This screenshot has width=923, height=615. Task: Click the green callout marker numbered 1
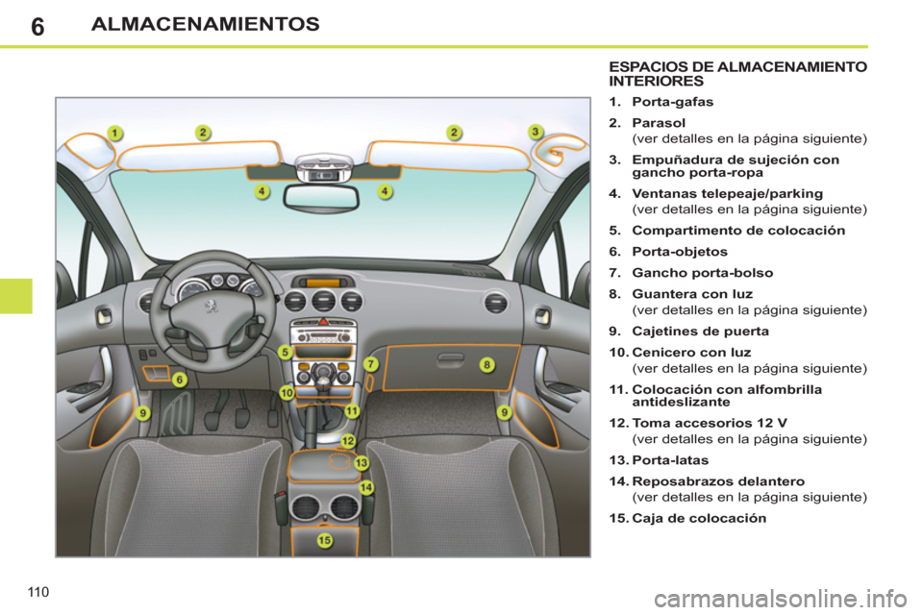(113, 133)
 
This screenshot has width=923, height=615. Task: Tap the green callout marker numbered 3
(536, 132)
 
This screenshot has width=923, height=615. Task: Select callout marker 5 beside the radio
(286, 353)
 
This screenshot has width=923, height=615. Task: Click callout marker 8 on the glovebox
(487, 365)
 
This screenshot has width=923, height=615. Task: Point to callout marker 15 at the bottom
(324, 541)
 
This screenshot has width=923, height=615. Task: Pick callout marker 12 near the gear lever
(348, 441)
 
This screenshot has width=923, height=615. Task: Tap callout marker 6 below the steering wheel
(180, 380)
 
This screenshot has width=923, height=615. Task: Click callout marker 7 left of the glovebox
(370, 364)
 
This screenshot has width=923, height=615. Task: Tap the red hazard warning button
(323, 325)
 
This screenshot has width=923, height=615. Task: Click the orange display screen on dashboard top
(323, 283)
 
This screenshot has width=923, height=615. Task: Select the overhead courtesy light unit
(323, 168)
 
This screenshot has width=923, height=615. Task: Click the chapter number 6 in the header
(37, 26)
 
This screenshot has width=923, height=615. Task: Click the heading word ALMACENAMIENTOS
(205, 25)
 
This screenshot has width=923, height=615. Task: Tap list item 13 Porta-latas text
(665, 461)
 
